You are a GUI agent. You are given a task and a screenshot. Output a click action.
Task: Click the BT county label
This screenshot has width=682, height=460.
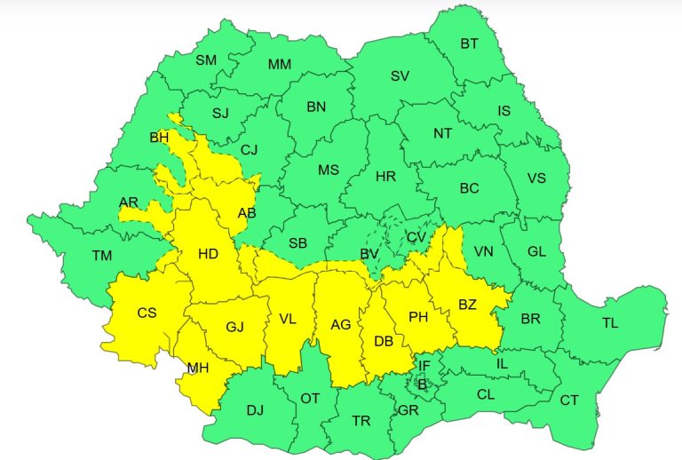(x=469, y=43)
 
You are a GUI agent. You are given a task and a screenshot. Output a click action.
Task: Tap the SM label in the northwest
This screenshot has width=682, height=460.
(x=206, y=60)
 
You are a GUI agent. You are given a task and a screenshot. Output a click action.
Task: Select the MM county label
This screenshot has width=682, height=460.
(x=279, y=65)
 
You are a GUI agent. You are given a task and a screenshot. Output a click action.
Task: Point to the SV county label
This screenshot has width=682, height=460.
(x=400, y=76)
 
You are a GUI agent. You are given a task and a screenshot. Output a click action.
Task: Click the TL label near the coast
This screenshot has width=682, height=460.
(x=610, y=323)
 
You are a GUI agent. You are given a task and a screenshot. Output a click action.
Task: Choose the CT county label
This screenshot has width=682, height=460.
(x=568, y=401)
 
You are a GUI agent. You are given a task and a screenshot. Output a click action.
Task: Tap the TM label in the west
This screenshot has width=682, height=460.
(x=102, y=256)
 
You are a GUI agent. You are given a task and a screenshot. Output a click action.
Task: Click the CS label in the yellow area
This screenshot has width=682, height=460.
(x=147, y=313)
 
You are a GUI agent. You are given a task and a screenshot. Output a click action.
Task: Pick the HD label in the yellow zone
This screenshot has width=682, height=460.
(x=208, y=254)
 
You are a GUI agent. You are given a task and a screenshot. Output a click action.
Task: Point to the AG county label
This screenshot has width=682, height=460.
(x=341, y=325)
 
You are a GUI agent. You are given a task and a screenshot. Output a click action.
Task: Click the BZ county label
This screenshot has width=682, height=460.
(x=467, y=305)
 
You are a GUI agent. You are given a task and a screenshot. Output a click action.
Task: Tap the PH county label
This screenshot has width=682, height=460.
(x=418, y=317)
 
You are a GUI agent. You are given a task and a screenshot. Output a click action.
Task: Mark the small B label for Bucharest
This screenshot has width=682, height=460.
(x=422, y=385)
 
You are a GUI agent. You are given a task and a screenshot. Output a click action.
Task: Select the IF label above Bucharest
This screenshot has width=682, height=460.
(x=424, y=365)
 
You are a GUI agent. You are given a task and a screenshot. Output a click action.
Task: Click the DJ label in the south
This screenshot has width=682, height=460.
(x=255, y=409)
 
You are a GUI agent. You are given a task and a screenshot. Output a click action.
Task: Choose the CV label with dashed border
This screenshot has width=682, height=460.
(x=416, y=237)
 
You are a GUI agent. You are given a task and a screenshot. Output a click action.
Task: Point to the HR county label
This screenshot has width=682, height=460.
(x=385, y=177)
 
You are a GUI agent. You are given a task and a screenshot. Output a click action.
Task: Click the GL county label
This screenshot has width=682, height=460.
(x=536, y=251)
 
